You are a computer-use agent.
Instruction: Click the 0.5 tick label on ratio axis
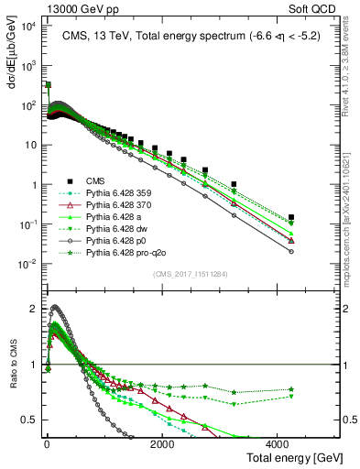coord(29,420)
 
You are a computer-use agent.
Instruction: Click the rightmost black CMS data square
coord(291,218)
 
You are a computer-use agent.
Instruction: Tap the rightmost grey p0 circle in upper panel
coord(291,251)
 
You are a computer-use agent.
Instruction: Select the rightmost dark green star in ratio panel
coord(291,389)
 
